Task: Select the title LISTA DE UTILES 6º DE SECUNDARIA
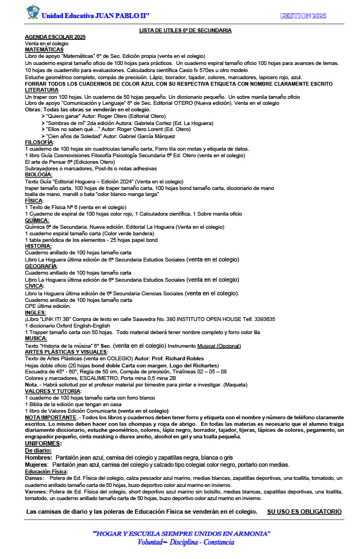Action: (185, 31)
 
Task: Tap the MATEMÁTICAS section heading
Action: (44, 50)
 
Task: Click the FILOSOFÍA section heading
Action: (39, 142)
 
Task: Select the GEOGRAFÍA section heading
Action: (41, 266)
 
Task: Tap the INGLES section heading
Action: (36, 312)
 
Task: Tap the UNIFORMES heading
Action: (44, 443)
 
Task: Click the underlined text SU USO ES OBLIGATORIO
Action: (304, 512)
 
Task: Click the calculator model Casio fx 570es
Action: (199, 70)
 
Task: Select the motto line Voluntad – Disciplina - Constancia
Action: (186, 542)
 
